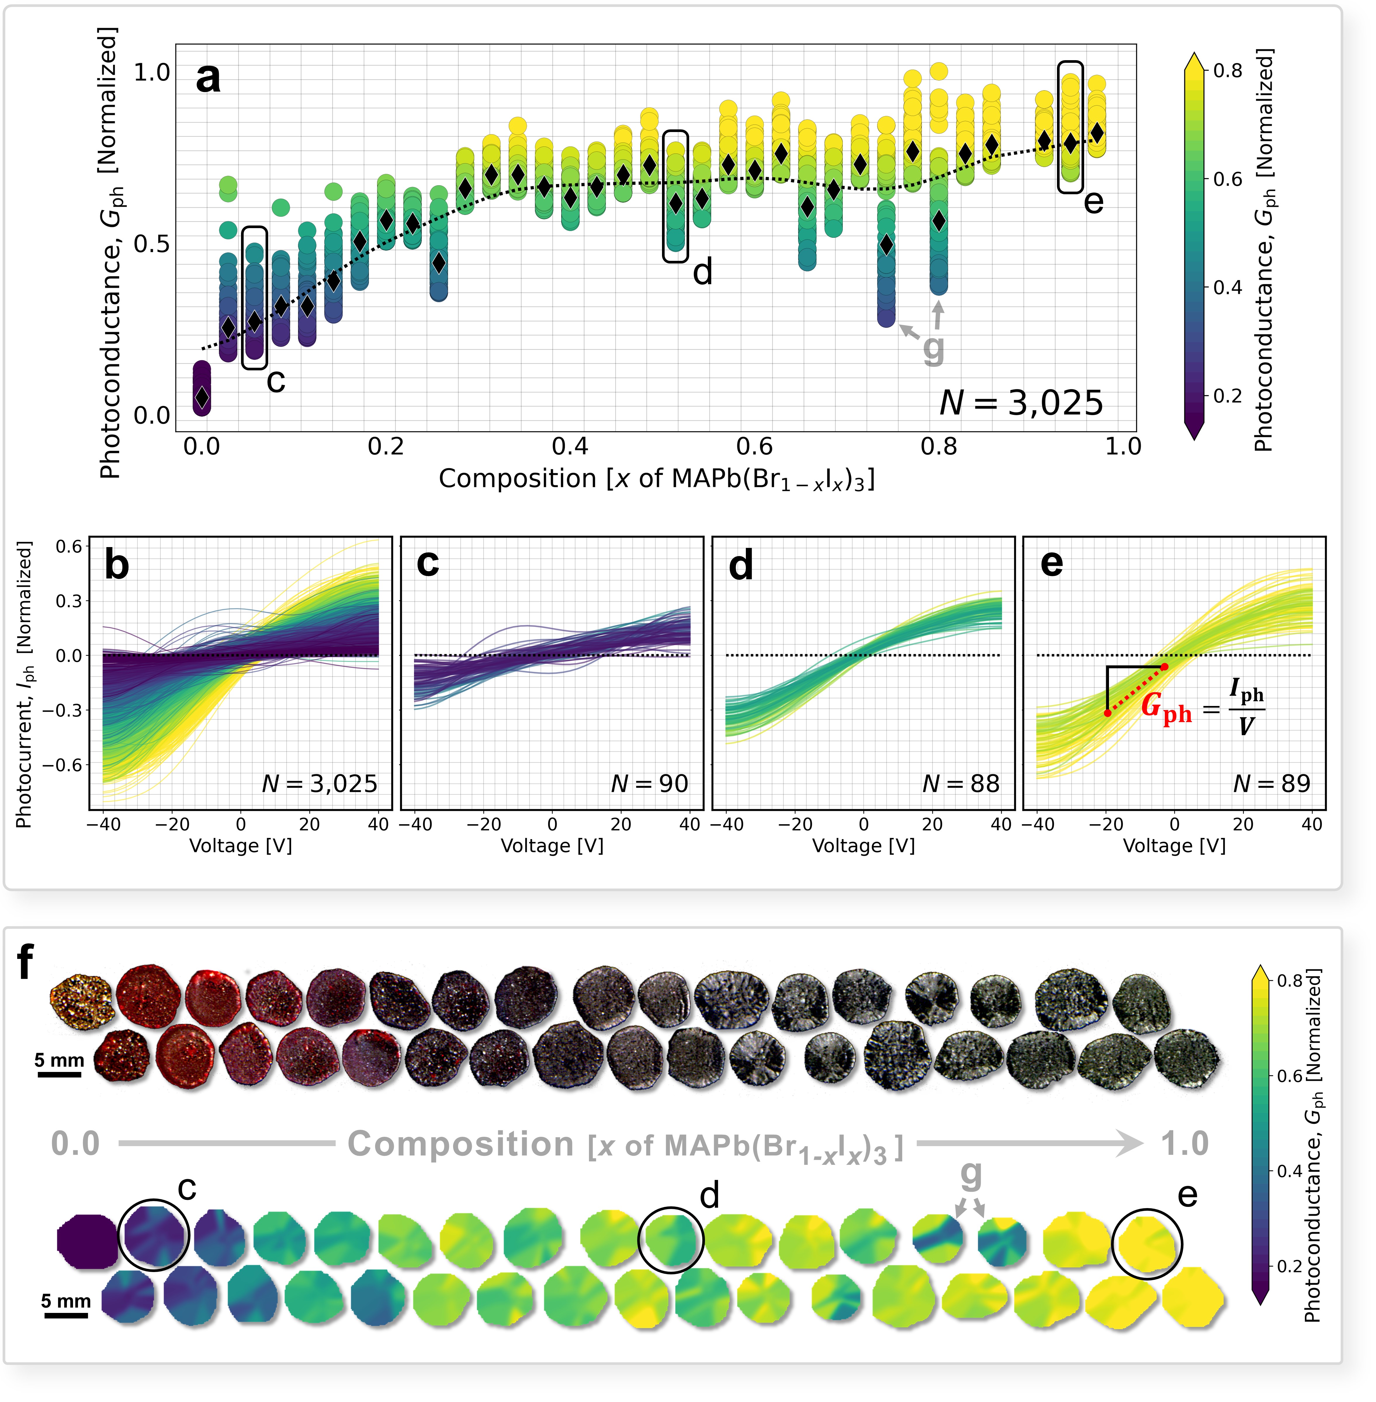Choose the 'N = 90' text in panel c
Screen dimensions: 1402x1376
649,783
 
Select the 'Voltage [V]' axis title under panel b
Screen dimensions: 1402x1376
241,846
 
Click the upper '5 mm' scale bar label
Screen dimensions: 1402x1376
59,1060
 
